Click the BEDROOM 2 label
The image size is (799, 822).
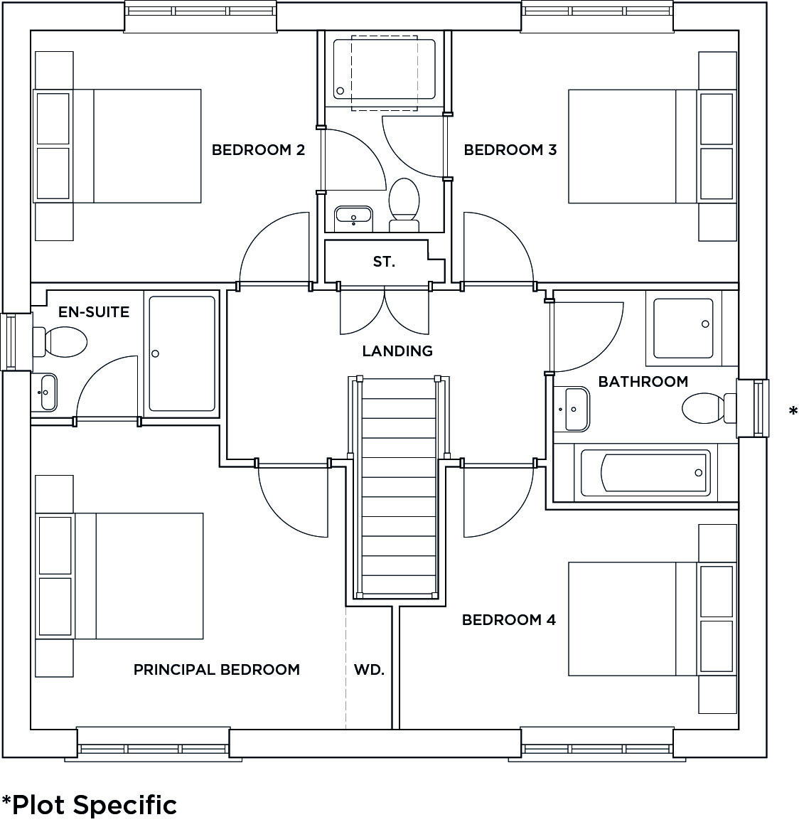click(x=258, y=150)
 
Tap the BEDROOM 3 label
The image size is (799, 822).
click(x=510, y=150)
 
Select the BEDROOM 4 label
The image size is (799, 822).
click(x=508, y=620)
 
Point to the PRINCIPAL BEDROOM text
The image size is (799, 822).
click(x=216, y=670)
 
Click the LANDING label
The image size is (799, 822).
click(x=397, y=351)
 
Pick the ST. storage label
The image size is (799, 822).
click(x=384, y=262)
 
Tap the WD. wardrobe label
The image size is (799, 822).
click(x=369, y=670)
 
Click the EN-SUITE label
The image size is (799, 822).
click(x=94, y=311)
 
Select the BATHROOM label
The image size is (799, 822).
click(x=643, y=382)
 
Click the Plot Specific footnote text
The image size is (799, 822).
click(x=89, y=805)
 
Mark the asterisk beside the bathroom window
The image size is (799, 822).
click(x=793, y=411)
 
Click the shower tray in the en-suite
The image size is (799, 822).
click(x=181, y=353)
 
